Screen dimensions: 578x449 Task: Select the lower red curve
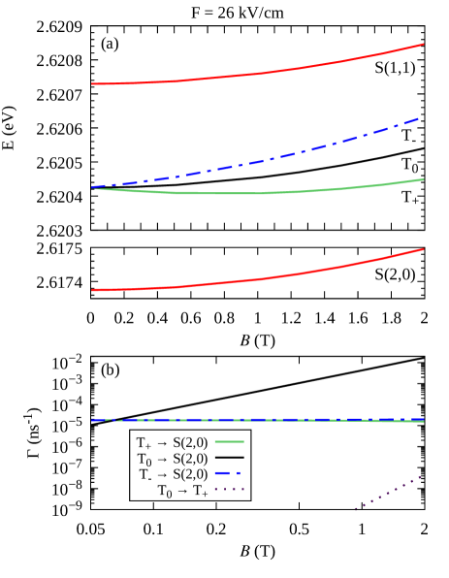coord(257,278)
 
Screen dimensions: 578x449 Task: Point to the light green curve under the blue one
coord(257,193)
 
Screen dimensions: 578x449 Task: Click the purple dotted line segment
coord(388,492)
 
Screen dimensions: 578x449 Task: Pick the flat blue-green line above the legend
coord(257,420)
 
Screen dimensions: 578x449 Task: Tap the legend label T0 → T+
coord(182,491)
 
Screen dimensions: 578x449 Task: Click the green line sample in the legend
coord(229,441)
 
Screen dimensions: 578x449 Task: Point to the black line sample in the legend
coord(229,458)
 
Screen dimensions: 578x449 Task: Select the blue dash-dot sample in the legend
coord(229,474)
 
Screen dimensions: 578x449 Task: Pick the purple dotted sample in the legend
coord(229,491)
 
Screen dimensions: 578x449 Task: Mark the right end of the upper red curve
coord(423,45)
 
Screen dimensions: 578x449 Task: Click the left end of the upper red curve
coord(92,83)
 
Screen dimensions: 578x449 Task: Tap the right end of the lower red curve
coord(423,250)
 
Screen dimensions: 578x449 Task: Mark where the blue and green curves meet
coord(93,187)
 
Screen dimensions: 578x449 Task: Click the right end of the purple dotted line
coord(421,476)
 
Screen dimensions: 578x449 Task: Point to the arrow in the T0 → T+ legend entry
coord(182,492)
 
